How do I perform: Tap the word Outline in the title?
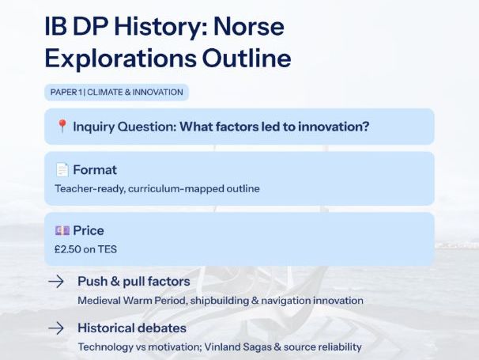point(245,58)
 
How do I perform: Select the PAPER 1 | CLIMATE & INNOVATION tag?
point(116,93)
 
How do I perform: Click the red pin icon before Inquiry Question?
point(62,127)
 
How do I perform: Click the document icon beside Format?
point(62,169)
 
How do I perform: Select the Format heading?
point(95,169)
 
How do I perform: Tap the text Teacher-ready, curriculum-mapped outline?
point(157,188)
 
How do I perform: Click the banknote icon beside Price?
point(62,230)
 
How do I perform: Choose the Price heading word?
point(89,230)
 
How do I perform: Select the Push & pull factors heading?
point(134,282)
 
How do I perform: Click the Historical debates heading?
point(131,328)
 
